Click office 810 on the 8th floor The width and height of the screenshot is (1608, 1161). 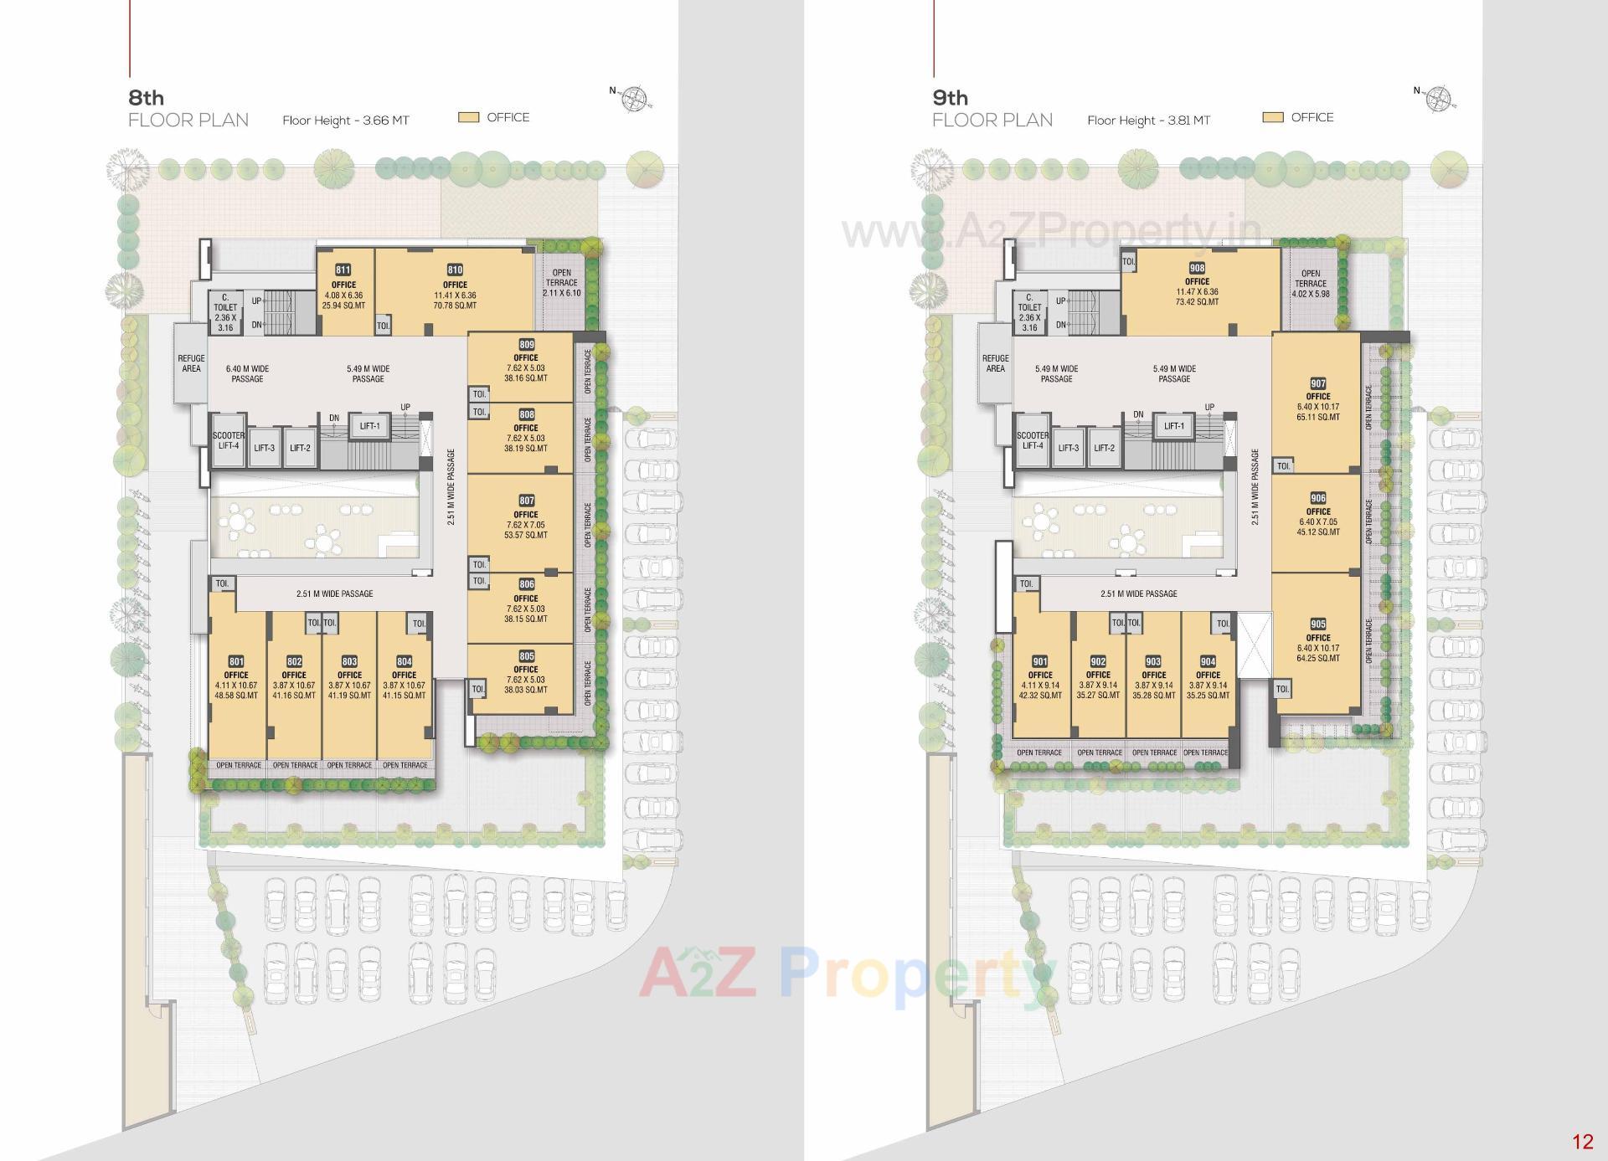coord(455,289)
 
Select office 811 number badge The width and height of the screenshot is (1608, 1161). coord(343,270)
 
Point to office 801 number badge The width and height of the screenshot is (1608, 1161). coord(236,661)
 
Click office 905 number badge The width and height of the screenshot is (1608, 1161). coord(1317,624)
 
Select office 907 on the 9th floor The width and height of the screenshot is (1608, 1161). coord(1317,402)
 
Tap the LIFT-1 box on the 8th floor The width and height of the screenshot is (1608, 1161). coord(369,427)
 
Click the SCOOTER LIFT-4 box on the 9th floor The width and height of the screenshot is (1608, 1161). coord(1033,440)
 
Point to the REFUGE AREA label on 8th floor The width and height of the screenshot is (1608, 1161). coord(191,363)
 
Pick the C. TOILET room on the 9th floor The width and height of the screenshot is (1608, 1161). coord(1029,313)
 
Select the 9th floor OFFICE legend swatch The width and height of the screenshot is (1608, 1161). coord(1273,118)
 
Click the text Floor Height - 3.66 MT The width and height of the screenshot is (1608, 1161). coord(346,121)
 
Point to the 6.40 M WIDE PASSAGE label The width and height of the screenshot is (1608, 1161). coord(247,373)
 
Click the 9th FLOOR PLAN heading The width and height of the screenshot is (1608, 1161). coord(992,109)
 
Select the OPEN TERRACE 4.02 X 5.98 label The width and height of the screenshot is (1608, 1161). coord(1311,284)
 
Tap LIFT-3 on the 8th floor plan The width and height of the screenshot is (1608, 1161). coord(264,448)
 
